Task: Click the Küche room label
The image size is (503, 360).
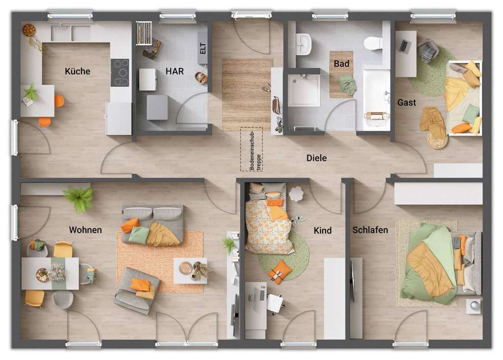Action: [x=78, y=71]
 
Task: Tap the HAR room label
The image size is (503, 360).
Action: [x=174, y=71]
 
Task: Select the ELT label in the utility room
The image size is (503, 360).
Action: [x=203, y=49]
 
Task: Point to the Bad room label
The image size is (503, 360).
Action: [x=341, y=64]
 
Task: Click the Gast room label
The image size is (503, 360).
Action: [x=407, y=103]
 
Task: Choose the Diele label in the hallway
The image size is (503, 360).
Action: [x=316, y=158]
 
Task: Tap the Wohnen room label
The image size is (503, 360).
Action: [x=85, y=230]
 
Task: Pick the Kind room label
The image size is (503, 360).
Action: [x=323, y=230]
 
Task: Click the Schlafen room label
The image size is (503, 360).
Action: [x=370, y=230]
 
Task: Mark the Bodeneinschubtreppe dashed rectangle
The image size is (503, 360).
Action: [x=251, y=149]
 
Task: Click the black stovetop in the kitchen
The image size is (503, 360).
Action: [x=120, y=73]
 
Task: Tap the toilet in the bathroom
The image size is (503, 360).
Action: [x=373, y=43]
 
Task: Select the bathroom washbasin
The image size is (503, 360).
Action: [x=304, y=45]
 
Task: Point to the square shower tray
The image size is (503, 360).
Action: [x=304, y=90]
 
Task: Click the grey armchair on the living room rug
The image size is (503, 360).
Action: [x=137, y=290]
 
